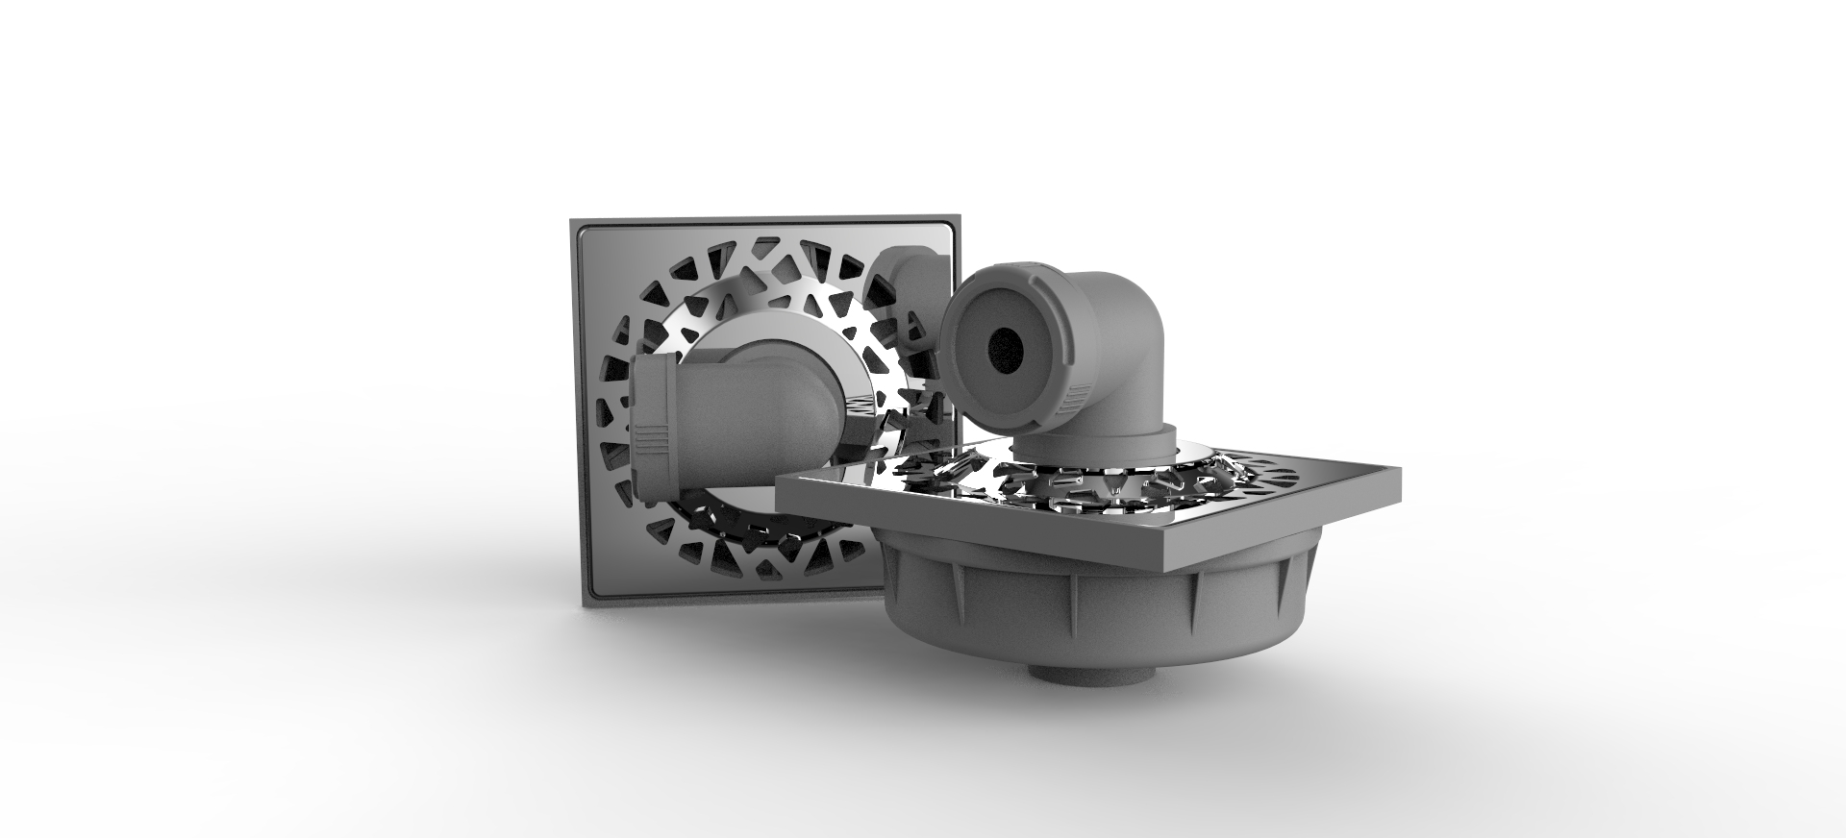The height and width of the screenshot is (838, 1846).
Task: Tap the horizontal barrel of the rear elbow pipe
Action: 731,413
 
